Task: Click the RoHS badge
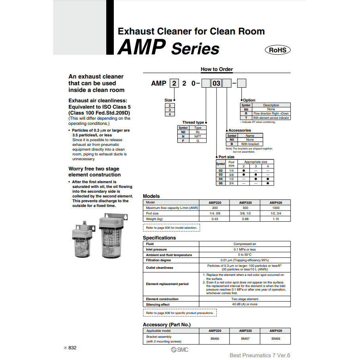pos(278,50)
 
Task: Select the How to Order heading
pos(216,69)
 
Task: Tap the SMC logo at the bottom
pos(180,349)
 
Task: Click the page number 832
pos(72,348)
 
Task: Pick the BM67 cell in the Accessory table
pos(245,339)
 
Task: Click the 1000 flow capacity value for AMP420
pos(276,208)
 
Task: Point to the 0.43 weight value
pos(214,219)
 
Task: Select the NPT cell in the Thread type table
pos(198,136)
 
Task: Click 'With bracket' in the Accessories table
pos(250,144)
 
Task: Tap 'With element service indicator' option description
pos(271,118)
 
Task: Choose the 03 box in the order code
pos(216,83)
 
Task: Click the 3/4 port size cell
pos(232,183)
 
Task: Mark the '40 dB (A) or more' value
pos(245,304)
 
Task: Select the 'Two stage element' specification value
pos(245,299)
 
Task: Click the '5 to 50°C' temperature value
pos(245,255)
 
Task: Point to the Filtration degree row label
pos(158,260)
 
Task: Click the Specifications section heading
pos(159,238)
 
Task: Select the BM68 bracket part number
pos(276,339)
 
